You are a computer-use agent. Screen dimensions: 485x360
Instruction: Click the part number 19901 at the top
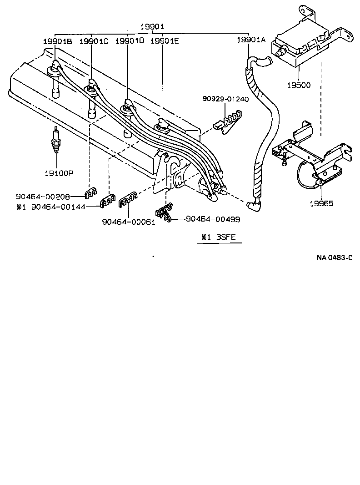152,27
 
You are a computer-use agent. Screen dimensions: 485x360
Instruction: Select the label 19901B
58,41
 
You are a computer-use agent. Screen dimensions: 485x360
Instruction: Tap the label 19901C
94,41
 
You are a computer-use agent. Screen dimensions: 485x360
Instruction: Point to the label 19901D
130,41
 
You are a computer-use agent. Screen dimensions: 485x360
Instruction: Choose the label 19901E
165,41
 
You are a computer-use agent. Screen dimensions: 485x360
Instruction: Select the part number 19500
299,85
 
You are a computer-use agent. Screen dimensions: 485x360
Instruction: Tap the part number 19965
321,203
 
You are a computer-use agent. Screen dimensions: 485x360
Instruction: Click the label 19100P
58,173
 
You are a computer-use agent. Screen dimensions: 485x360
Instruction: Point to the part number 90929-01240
226,99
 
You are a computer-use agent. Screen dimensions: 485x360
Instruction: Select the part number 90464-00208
43,197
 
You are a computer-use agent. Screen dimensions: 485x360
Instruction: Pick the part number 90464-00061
129,222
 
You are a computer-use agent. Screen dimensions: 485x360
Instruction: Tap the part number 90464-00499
213,219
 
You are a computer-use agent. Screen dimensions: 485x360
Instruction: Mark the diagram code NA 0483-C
335,258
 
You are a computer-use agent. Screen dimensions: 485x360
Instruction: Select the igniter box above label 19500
300,45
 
